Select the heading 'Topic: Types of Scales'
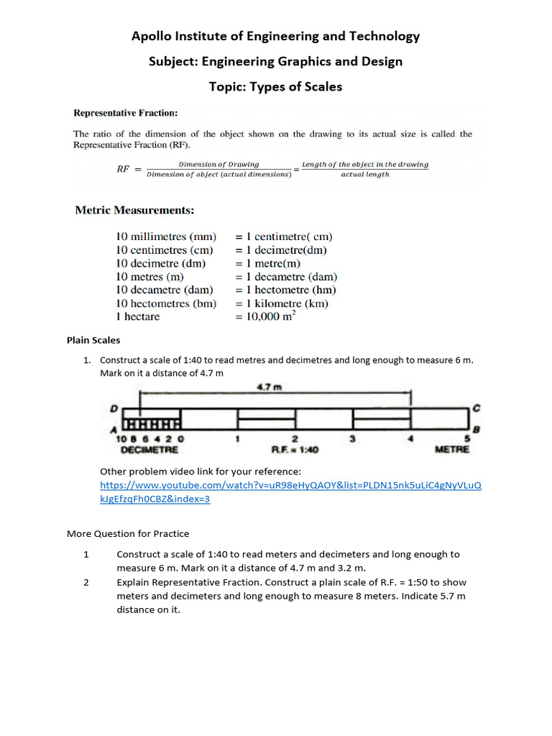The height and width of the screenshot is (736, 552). (x=275, y=87)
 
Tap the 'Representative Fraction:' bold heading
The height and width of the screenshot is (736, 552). (x=126, y=113)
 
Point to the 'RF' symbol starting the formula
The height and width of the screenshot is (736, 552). (x=124, y=170)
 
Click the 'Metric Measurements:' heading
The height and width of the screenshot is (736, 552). (x=135, y=210)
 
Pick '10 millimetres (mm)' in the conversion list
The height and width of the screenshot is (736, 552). (x=166, y=236)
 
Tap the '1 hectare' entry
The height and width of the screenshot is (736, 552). (x=138, y=317)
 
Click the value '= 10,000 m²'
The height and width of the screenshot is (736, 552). (x=266, y=316)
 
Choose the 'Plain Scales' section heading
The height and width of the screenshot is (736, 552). (x=93, y=340)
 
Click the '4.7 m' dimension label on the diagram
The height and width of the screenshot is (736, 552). (x=269, y=387)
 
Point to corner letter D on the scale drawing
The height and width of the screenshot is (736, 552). (x=114, y=408)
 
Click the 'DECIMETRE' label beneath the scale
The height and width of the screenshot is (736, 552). (x=149, y=450)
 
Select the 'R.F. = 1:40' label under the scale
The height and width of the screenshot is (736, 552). (x=295, y=450)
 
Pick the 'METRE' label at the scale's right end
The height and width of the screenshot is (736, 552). (x=452, y=450)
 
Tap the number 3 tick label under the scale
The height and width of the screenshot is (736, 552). (x=352, y=438)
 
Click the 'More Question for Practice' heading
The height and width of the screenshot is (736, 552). (x=128, y=533)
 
